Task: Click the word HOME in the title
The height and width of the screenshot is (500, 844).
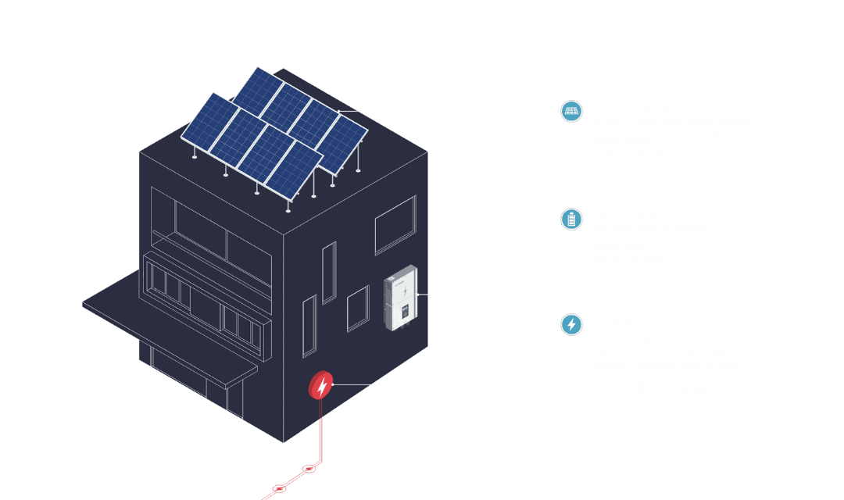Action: coord(387,33)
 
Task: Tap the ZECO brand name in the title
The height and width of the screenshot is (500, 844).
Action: coord(606,33)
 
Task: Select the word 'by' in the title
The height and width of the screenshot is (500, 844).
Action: coord(495,36)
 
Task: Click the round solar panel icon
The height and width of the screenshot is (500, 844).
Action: coord(572,111)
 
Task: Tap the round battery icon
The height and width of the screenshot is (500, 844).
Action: coord(572,218)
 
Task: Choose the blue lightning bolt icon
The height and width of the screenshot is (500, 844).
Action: coord(572,324)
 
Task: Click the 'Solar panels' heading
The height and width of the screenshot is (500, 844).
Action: coord(636,109)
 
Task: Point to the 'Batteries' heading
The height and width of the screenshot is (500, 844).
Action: coord(623,215)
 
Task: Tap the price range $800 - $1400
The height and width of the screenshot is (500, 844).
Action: coord(628,261)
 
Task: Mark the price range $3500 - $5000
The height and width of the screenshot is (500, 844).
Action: coord(631,387)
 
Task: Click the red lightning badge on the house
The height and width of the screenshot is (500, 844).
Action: coord(321,385)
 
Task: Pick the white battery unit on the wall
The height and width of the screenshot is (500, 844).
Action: coord(400,298)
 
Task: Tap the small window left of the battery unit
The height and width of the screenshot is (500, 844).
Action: coord(358,308)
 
